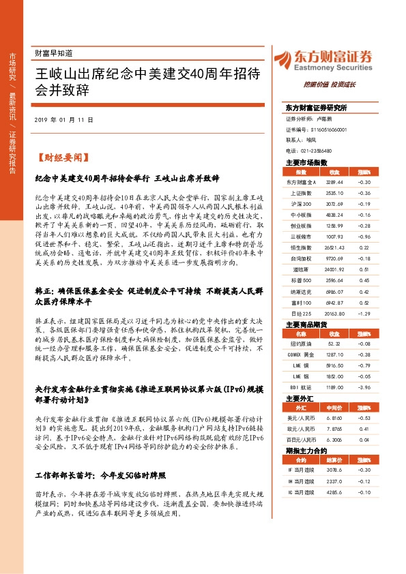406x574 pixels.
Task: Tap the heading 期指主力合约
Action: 302,451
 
